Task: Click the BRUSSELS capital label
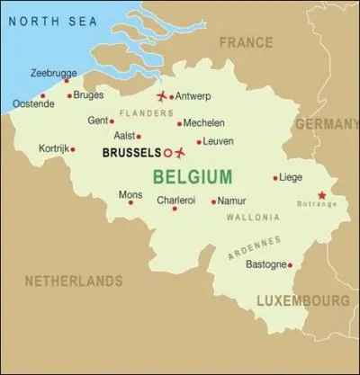[131, 152]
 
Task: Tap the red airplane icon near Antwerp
[162, 96]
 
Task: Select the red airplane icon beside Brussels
[181, 151]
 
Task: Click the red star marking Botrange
[322, 194]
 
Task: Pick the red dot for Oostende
[42, 95]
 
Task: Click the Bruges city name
[90, 94]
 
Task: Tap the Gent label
[97, 121]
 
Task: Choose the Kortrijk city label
[53, 147]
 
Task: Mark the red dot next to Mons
[130, 202]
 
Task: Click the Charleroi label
[175, 201]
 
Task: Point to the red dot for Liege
[275, 177]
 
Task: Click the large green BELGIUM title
[193, 175]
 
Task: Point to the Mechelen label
[204, 123]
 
